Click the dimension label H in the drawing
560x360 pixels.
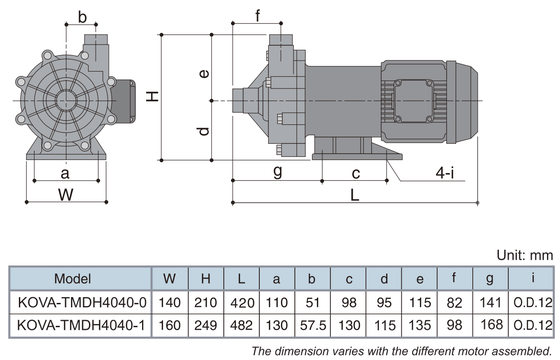click(152, 96)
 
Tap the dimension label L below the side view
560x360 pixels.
click(354, 195)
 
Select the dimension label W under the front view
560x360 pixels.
click(66, 195)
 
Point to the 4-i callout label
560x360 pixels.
click(445, 173)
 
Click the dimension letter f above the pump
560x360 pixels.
click(258, 16)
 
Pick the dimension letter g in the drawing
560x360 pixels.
click(278, 171)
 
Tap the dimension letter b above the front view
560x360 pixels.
click(82, 17)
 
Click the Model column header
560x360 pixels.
click(72, 279)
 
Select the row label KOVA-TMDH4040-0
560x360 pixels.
click(82, 302)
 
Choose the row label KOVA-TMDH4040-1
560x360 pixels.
click(81, 325)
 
